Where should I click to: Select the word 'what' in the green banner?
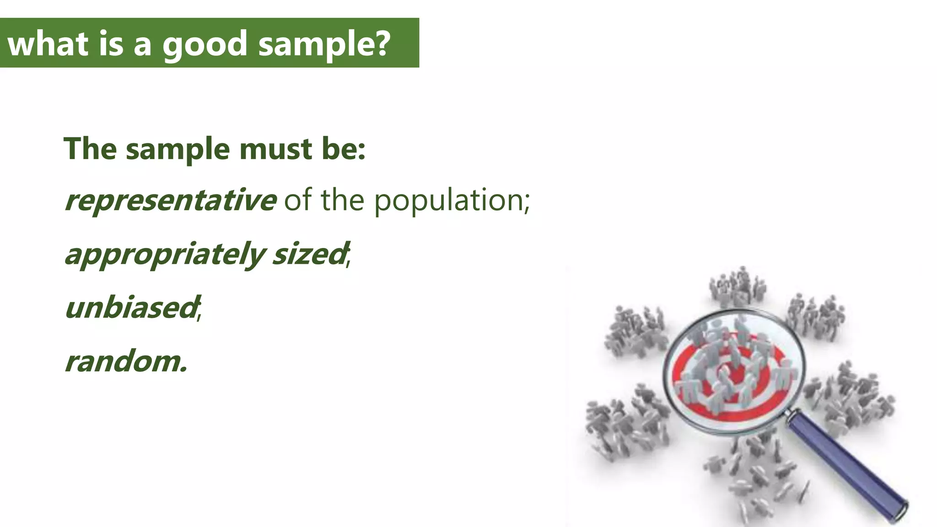click(48, 43)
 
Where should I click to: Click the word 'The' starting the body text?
click(90, 149)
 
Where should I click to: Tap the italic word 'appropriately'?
click(165, 254)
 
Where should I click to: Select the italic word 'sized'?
click(309, 254)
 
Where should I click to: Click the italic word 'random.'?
click(126, 361)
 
